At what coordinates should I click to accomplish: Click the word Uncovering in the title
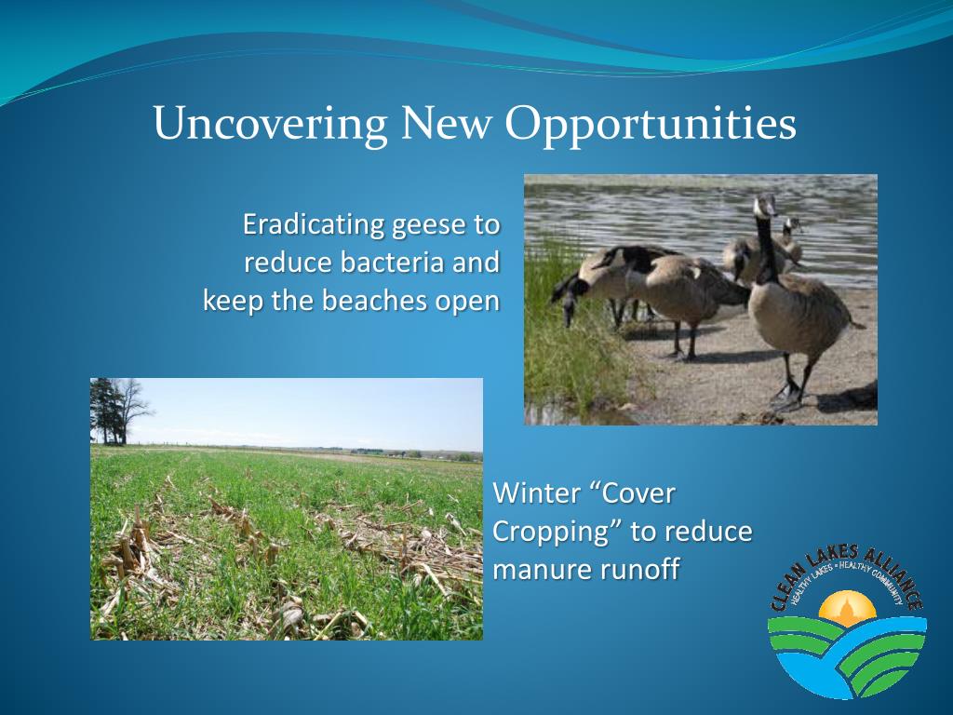tap(271, 124)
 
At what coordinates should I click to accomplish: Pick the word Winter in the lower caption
tap(535, 493)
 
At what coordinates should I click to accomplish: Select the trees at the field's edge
tap(117, 411)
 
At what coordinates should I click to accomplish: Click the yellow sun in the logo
tap(847, 609)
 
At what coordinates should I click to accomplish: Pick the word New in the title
tap(446, 123)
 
